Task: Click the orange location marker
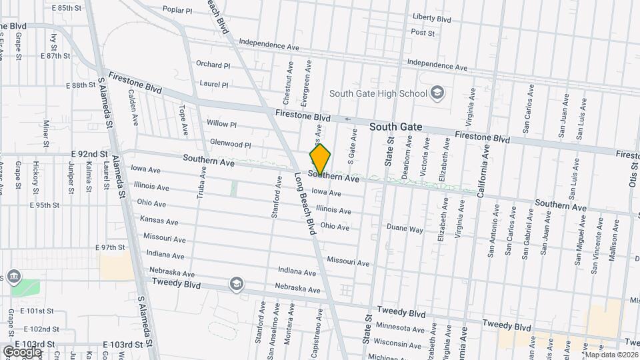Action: coord(320,160)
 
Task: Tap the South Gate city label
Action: coord(396,125)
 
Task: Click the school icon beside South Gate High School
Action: coord(437,92)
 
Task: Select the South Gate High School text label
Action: coord(377,93)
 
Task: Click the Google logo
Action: coord(22,351)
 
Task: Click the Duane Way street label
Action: coord(406,229)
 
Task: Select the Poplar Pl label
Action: coord(177,11)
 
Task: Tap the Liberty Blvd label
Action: coord(432,17)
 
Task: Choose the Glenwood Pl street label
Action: coord(230,145)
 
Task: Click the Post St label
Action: coord(423,32)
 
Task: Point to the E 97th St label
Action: coord(110,247)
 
